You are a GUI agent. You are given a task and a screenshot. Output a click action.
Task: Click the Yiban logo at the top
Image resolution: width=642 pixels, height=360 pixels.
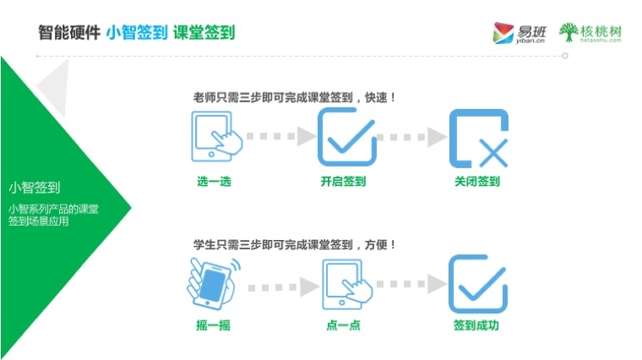pos(518,33)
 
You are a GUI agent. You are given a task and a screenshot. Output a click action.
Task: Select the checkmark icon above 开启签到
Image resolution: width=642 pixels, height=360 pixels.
pos(346,136)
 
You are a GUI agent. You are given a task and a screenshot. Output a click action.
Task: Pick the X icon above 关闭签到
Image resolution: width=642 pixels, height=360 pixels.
pos(477,138)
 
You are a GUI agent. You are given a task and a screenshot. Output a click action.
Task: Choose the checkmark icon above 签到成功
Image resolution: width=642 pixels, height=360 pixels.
pos(477,284)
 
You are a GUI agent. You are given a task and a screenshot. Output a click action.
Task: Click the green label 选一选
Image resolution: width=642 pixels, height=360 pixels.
pos(214,181)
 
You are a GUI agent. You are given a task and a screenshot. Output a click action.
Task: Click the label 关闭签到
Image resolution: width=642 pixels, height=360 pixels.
pos(477,181)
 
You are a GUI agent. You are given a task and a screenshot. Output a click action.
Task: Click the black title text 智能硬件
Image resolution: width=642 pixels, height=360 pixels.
pos(68,33)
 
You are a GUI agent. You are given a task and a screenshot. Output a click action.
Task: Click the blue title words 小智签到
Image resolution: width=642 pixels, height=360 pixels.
pos(135,33)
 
